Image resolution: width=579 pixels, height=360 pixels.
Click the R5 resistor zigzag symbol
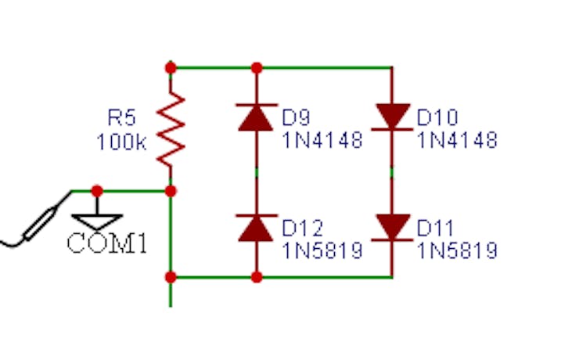(x=171, y=128)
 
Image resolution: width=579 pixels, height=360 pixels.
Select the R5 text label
(x=121, y=118)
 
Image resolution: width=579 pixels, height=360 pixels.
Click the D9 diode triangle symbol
(x=256, y=118)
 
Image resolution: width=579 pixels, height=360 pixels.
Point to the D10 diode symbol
(x=391, y=117)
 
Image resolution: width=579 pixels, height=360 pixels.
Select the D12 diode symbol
(x=256, y=228)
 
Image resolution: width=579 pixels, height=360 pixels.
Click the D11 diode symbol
(x=391, y=227)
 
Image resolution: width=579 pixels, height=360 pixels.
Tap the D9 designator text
(x=297, y=117)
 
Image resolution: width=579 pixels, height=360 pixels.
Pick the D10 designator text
(x=436, y=117)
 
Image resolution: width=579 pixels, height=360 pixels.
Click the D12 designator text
(x=301, y=228)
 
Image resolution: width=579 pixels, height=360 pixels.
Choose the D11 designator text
(x=435, y=228)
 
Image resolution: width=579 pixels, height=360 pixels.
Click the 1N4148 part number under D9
(x=322, y=141)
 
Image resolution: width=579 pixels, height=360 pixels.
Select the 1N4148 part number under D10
(x=458, y=141)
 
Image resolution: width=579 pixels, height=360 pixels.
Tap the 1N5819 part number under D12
(x=322, y=250)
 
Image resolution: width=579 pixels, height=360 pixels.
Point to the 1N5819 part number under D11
(x=458, y=250)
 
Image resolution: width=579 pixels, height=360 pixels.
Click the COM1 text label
(x=107, y=243)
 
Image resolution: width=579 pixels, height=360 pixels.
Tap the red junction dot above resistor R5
(x=171, y=67)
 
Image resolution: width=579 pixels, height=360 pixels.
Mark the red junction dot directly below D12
(x=256, y=276)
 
